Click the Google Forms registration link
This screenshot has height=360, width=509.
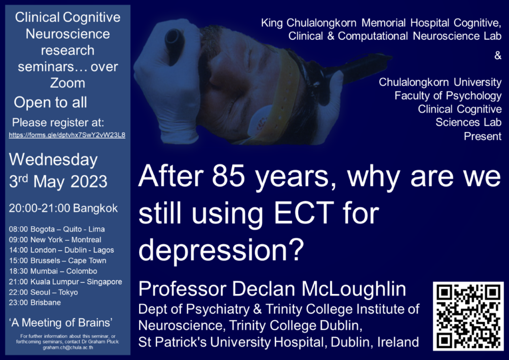pyautogui.click(x=67, y=135)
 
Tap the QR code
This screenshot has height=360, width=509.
pyautogui.click(x=468, y=316)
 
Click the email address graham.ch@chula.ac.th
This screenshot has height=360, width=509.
pyautogui.click(x=68, y=348)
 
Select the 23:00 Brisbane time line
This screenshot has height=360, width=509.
pyautogui.click(x=35, y=302)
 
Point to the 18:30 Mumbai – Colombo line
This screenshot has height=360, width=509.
pyautogui.click(x=53, y=271)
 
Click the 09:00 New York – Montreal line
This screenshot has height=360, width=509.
pyautogui.click(x=55, y=240)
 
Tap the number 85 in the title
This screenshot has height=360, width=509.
pyautogui.click(x=228, y=176)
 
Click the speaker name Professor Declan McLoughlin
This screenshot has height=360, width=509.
pyautogui.click(x=272, y=288)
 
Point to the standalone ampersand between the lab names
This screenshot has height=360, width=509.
pyautogui.click(x=498, y=56)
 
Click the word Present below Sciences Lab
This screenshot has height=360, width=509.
pyautogui.click(x=483, y=136)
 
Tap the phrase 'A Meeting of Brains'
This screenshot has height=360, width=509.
pyautogui.click(x=61, y=323)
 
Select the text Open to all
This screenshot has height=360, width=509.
pyautogui.click(x=50, y=102)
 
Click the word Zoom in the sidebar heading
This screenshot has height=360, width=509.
pyautogui.click(x=68, y=83)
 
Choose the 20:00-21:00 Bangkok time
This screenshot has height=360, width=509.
pyautogui.click(x=63, y=208)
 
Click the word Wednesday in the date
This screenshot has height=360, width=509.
pyautogui.click(x=53, y=160)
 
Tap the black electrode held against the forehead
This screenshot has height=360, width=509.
pyautogui.click(x=174, y=43)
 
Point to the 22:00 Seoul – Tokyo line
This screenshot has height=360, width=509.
pyautogui.click(x=43, y=292)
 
